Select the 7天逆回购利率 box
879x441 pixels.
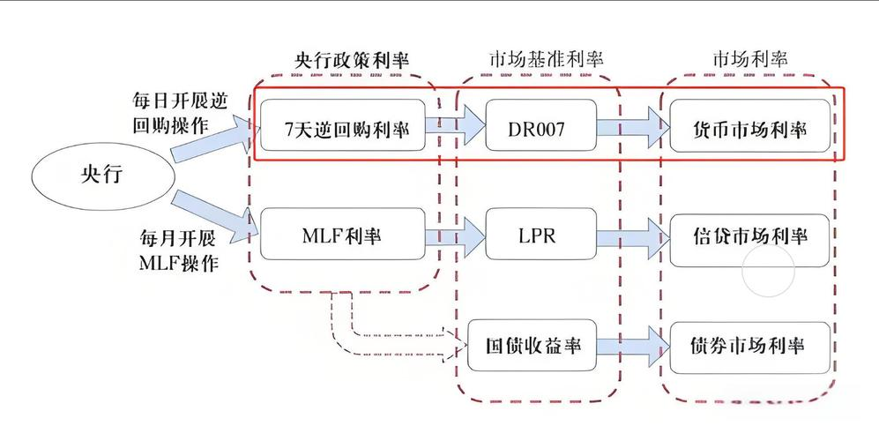pyautogui.click(x=343, y=129)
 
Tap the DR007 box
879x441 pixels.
pyautogui.click(x=540, y=129)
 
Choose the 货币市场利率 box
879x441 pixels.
pyautogui.click(x=749, y=129)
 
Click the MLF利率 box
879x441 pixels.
pyautogui.click(x=343, y=235)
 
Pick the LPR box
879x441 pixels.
pyautogui.click(x=540, y=235)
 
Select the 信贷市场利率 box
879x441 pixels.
pyautogui.click(x=749, y=236)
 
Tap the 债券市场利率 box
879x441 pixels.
pyautogui.click(x=749, y=345)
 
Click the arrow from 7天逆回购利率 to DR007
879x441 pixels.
pyautogui.click(x=456, y=129)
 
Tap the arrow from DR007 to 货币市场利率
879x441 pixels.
pyautogui.click(x=631, y=129)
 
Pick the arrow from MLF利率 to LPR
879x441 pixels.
pyautogui.click(x=456, y=235)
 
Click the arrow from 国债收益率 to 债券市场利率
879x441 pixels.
pyautogui.click(x=631, y=345)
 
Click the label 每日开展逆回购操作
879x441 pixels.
pyautogui.click(x=173, y=112)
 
